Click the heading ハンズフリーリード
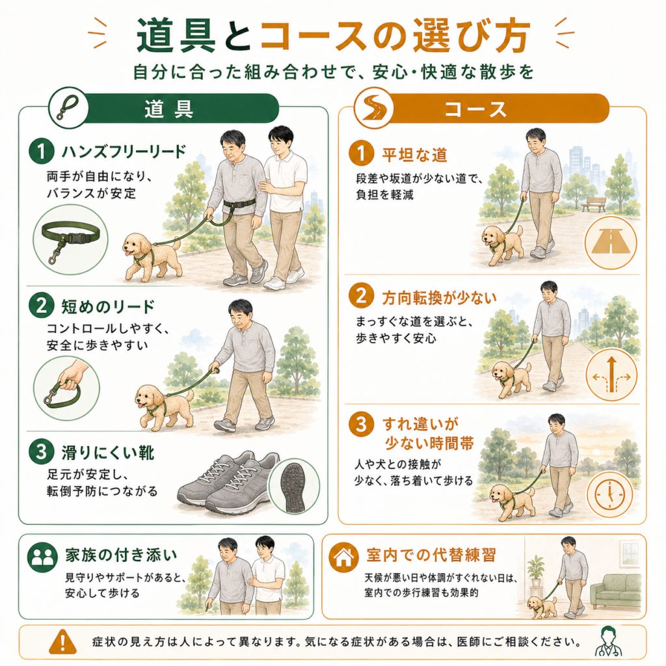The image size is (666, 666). tap(124, 151)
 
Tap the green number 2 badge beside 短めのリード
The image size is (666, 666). tap(41, 306)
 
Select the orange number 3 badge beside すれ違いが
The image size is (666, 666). tap(361, 424)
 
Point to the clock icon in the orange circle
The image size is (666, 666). tap(610, 495)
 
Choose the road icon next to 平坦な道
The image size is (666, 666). tap(610, 243)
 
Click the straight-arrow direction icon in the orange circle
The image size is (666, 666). tap(611, 375)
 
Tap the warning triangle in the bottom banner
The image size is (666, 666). tap(63, 641)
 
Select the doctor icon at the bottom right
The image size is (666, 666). tap(608, 642)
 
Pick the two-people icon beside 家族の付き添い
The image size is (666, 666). tap(42, 557)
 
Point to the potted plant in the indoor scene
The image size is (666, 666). tap(536, 571)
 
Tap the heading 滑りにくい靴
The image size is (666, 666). tap(109, 453)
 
